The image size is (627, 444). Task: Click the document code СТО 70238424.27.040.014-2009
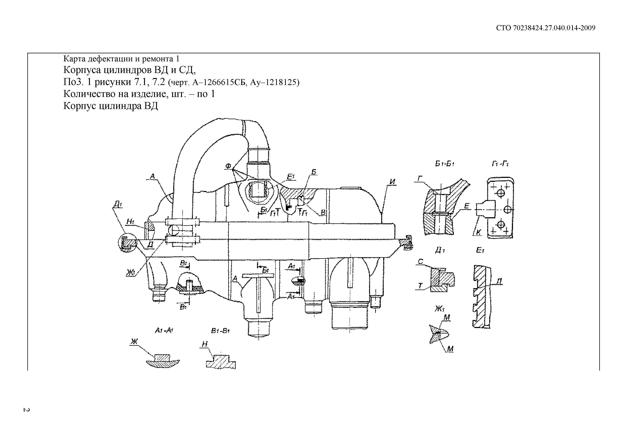coord(546,28)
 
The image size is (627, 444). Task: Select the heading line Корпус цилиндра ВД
coord(111,106)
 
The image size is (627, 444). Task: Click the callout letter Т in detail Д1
coord(420,286)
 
